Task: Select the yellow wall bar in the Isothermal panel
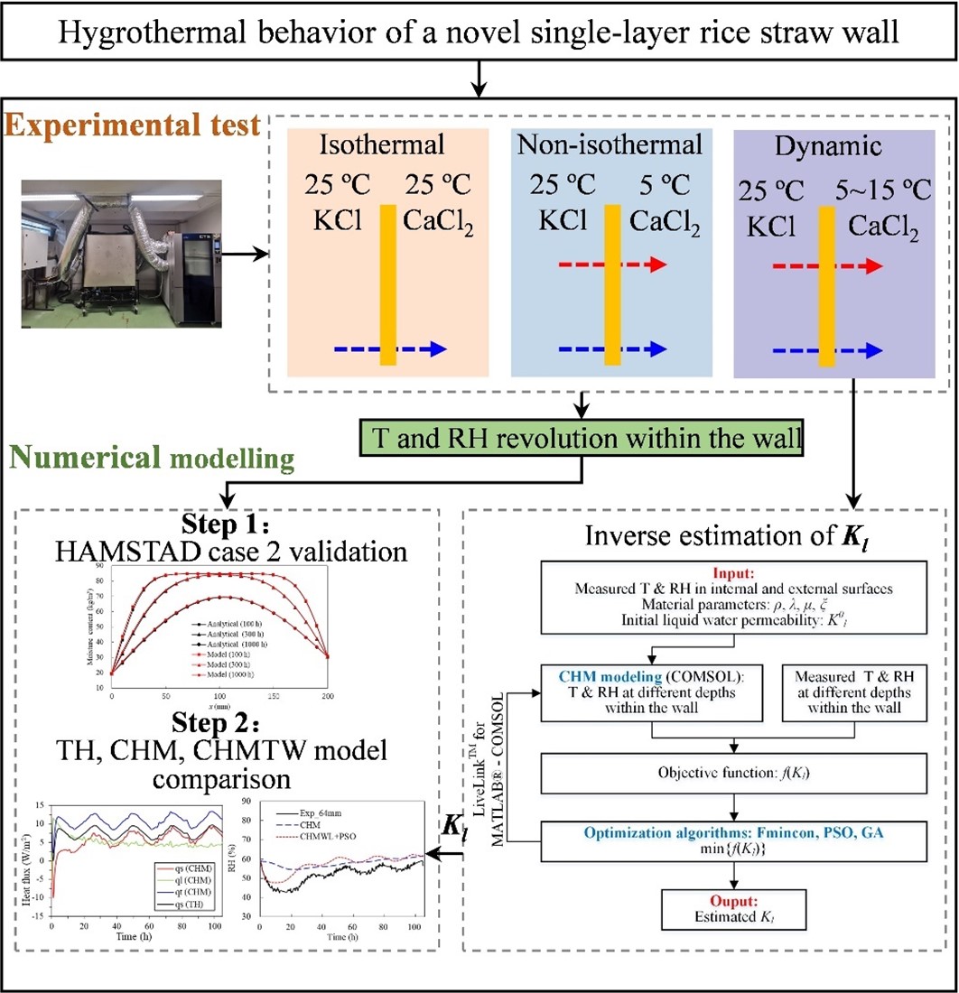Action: click(x=388, y=285)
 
